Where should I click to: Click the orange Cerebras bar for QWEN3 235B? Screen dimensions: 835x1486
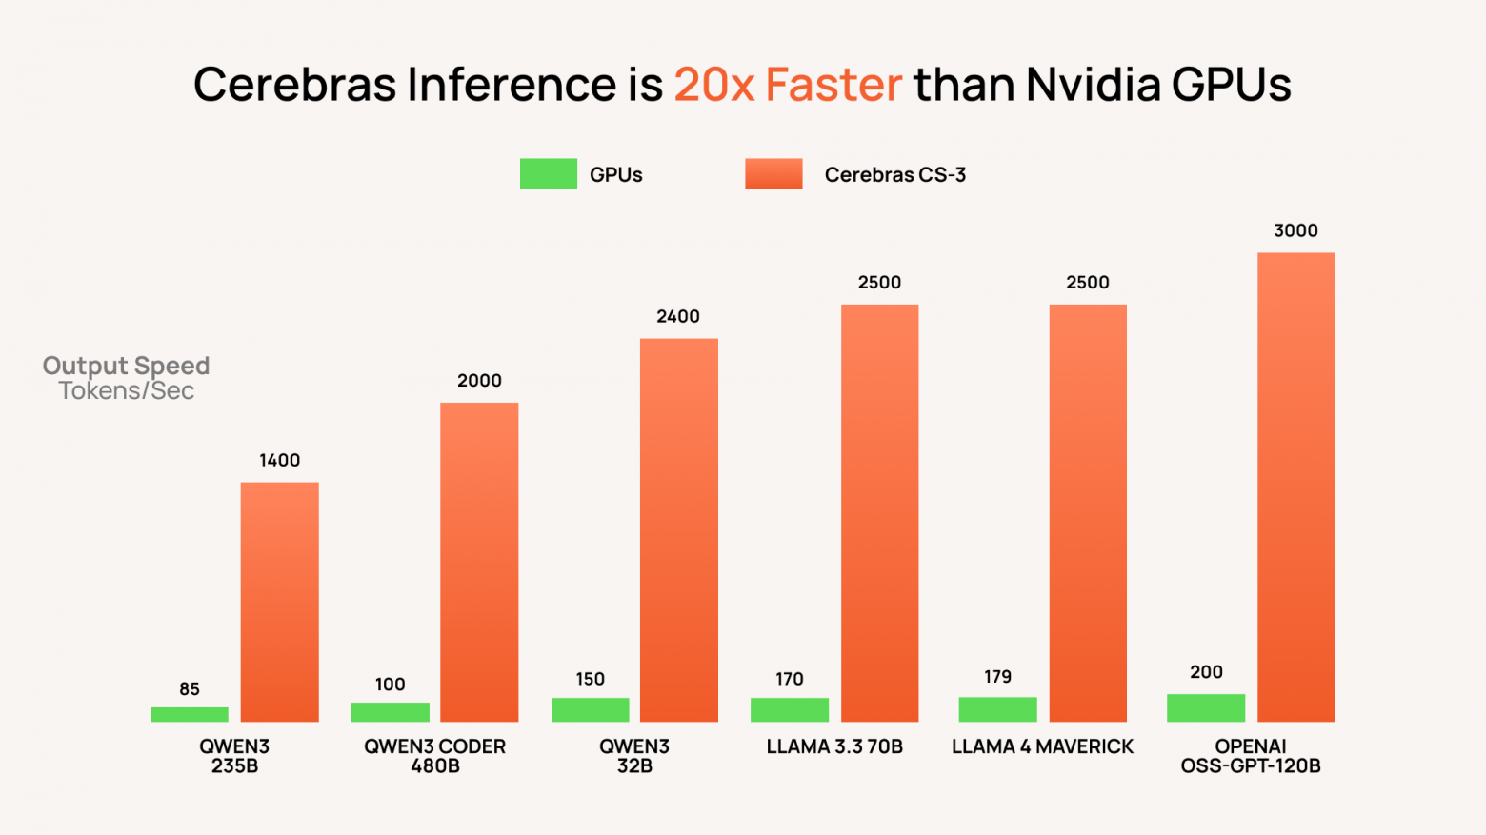click(x=279, y=602)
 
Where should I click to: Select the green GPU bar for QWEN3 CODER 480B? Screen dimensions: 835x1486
click(x=390, y=712)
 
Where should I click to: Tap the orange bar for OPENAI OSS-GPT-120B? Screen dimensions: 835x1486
click(x=1295, y=487)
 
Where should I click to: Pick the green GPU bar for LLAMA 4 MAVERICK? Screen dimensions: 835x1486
click(x=997, y=709)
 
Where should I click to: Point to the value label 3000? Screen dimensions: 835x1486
click(x=1295, y=230)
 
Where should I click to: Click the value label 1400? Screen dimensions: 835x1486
click(x=279, y=460)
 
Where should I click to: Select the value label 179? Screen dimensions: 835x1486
click(x=997, y=677)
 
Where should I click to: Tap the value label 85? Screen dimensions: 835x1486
click(x=190, y=688)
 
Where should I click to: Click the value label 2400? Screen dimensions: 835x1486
click(x=678, y=316)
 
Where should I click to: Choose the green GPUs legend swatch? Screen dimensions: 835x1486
click(x=548, y=174)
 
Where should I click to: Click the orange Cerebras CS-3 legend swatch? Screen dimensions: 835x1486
click(x=773, y=174)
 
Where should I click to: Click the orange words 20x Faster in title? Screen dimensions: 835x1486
click(x=788, y=84)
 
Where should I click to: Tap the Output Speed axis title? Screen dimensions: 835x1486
click(x=126, y=366)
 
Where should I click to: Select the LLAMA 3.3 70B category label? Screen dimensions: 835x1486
click(x=834, y=746)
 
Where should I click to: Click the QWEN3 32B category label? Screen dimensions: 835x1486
click(x=634, y=756)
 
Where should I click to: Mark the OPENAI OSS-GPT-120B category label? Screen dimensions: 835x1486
click(x=1251, y=756)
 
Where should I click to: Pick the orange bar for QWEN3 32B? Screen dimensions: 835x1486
click(x=678, y=529)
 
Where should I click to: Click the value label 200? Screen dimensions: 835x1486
click(x=1206, y=672)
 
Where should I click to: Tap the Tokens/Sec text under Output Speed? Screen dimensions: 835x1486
click(x=126, y=391)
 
